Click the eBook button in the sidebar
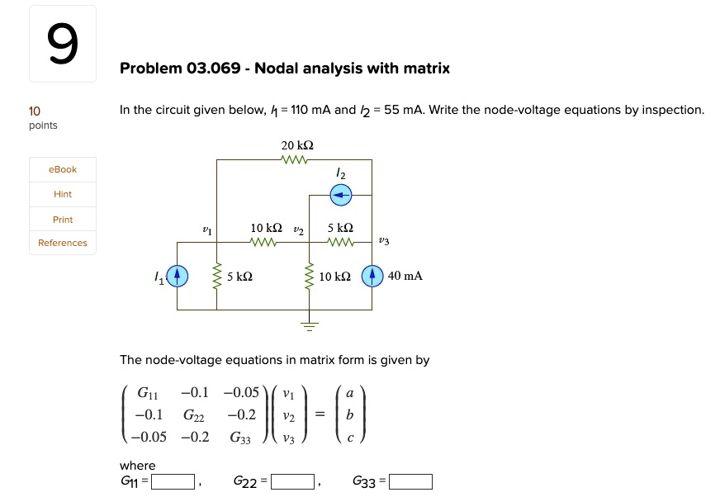coord(63,169)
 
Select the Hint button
coord(63,194)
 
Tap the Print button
coord(63,220)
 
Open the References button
coord(63,243)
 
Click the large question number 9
coord(63,45)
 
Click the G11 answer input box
coord(173,482)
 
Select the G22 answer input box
coord(292,482)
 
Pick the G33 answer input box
coord(410,482)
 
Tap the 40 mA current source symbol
coord(372,275)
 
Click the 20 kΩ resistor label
coord(297,145)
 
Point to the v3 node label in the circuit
coord(383,241)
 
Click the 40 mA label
coord(405,276)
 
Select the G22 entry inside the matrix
coord(193,414)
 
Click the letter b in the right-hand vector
coord(350,414)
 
